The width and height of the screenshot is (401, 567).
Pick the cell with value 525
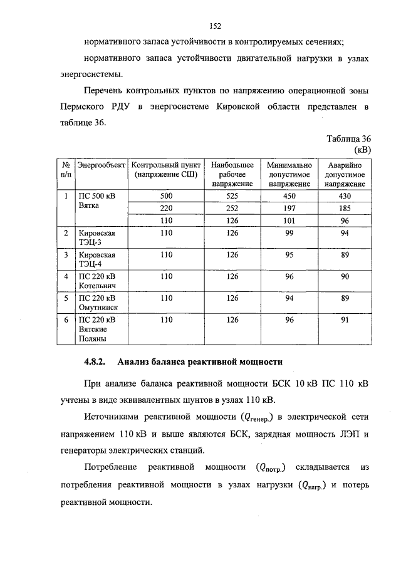[232, 196]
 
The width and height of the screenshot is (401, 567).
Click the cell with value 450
[289, 196]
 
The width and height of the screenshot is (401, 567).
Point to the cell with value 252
[232, 208]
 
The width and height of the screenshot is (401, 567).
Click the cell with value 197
[289, 208]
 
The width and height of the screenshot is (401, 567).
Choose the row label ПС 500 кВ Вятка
[96, 201]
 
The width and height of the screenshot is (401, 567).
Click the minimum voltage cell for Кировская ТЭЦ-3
[289, 232]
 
